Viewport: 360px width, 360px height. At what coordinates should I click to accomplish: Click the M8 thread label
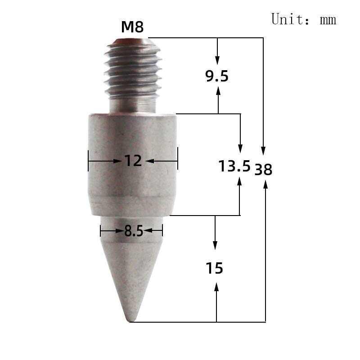[132, 27]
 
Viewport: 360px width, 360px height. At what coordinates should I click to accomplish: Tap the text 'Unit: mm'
[304, 19]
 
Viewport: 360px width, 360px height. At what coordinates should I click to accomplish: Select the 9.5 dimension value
[217, 76]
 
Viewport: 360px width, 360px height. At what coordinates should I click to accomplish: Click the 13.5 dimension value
[234, 166]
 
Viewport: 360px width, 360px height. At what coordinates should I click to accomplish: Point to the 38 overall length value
[263, 170]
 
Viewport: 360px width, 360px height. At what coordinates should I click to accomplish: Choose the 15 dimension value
[215, 269]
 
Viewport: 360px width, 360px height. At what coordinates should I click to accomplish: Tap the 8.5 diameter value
[133, 231]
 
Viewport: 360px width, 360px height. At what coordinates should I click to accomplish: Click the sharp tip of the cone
[131, 320]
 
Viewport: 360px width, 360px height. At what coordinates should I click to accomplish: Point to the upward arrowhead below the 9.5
[218, 91]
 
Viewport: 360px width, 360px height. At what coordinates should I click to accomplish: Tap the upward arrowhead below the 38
[265, 184]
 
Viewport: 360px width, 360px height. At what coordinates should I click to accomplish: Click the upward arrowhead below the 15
[216, 287]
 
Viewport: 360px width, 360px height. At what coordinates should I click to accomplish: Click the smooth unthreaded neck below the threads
[133, 106]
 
